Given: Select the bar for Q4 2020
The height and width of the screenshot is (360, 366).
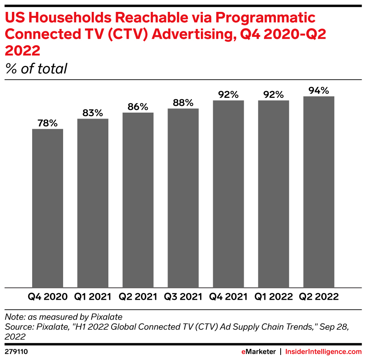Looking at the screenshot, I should (48, 208).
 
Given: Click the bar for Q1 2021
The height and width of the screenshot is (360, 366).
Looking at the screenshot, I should (93, 203).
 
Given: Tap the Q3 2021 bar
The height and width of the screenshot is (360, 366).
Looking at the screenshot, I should (183, 198).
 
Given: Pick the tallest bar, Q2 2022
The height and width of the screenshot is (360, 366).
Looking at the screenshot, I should (318, 192).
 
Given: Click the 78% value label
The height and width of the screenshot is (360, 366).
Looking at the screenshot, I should (48, 123).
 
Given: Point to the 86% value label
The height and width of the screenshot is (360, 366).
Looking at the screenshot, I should (138, 107).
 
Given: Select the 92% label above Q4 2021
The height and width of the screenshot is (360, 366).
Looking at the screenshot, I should (228, 95).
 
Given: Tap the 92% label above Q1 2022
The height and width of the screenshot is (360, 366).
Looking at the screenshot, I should (274, 95).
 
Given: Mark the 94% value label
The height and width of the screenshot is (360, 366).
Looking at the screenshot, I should (319, 91).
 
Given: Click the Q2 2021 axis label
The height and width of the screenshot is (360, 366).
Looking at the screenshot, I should (138, 297).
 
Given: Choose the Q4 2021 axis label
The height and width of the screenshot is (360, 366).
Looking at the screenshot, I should (228, 297).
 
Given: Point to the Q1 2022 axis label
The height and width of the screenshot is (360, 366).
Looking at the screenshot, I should (274, 297).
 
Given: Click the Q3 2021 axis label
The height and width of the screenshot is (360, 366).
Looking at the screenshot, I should (183, 297).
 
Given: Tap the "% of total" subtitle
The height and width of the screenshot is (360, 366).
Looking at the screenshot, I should (36, 69).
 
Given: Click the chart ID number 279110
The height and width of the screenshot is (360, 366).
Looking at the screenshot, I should (16, 352).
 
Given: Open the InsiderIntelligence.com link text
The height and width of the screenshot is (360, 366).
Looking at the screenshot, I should (324, 352).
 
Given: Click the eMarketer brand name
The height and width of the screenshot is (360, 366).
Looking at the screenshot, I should (258, 352).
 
